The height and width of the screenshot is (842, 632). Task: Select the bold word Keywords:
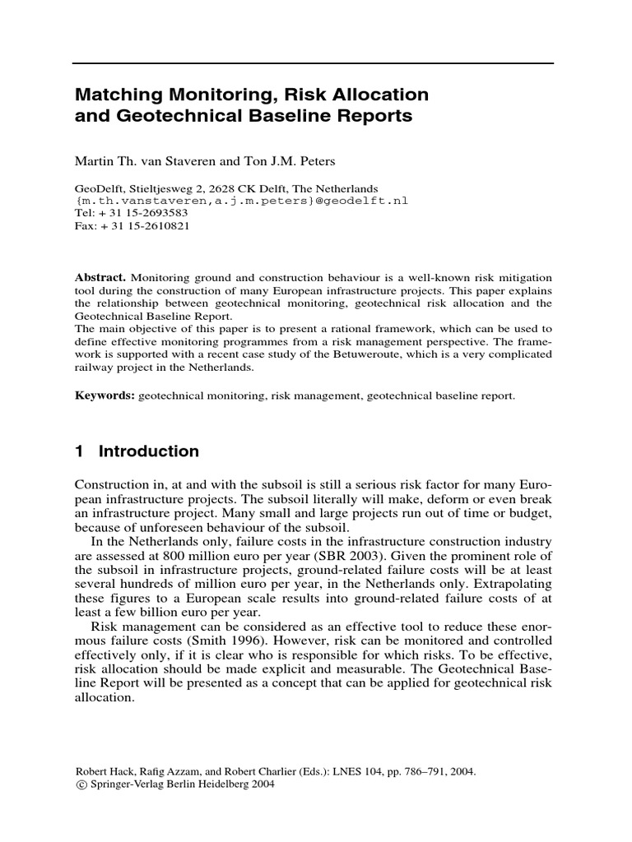click(105, 396)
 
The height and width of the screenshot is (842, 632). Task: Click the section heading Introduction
click(149, 451)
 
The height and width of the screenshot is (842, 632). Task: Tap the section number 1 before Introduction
click(80, 451)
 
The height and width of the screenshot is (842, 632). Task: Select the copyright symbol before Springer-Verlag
click(80, 784)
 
